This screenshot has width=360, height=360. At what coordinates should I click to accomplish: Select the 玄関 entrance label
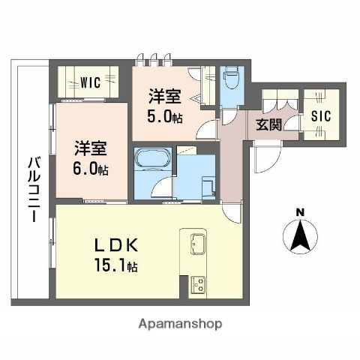(268, 124)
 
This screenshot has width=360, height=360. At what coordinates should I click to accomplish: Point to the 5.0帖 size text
(163, 116)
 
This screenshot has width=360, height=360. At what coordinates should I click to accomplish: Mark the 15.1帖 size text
(115, 266)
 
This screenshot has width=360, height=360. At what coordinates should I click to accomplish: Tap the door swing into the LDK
(232, 212)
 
